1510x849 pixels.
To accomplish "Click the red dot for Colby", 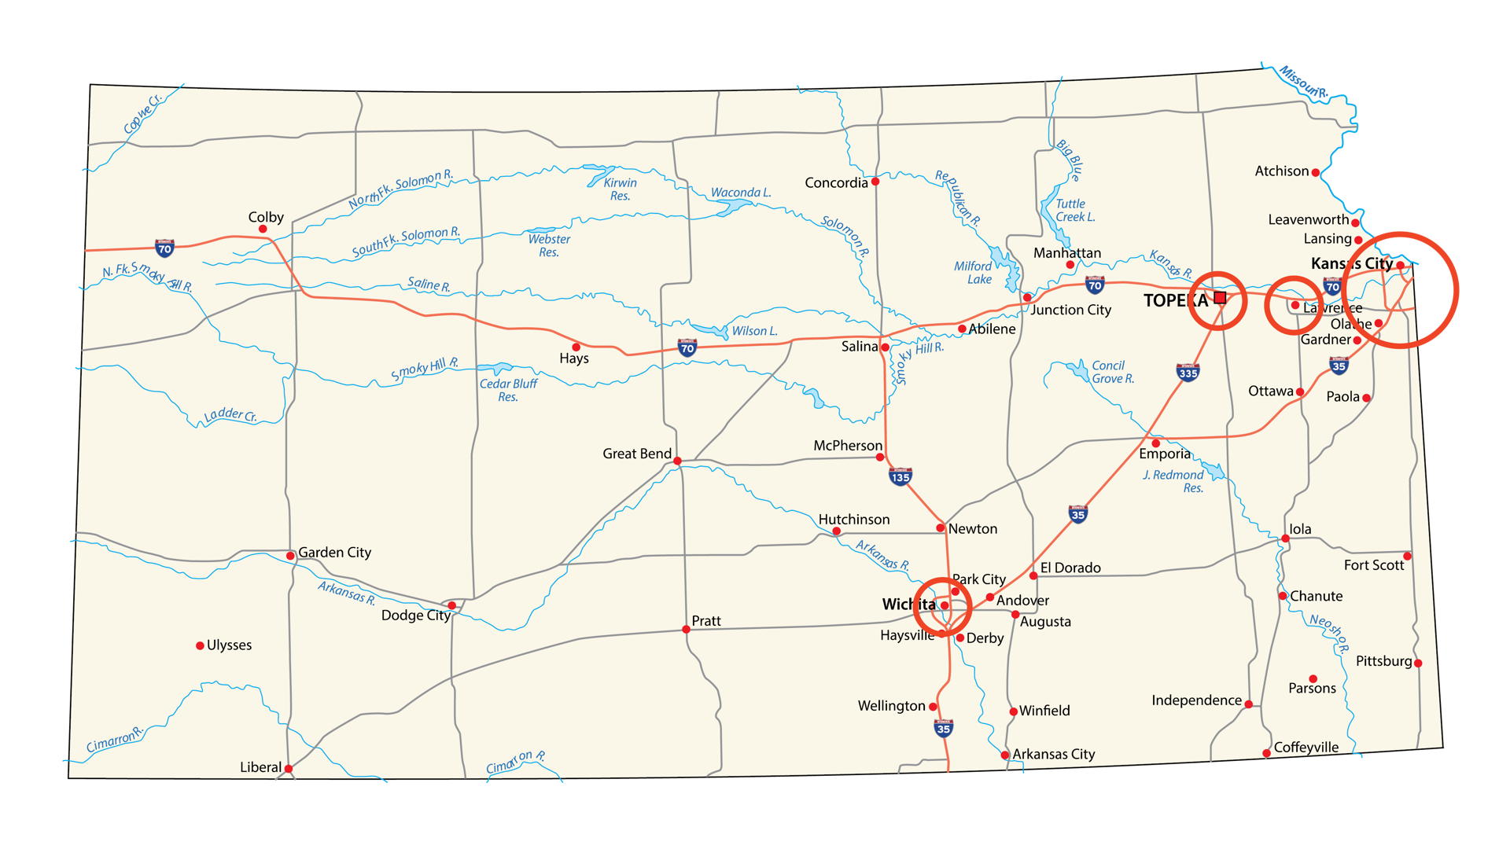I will point(263,230).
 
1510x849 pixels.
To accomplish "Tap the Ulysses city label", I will point(229,645).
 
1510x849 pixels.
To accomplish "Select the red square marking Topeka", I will point(1220,297).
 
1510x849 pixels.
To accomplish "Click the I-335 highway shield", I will point(1188,372).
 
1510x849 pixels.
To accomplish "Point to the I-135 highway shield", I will point(900,476).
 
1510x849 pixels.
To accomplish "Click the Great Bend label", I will point(636,454).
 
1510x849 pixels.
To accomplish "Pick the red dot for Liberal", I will point(289,769).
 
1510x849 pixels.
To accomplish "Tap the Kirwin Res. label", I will point(620,189).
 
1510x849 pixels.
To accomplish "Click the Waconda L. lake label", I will point(740,193).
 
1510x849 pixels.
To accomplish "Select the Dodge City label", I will point(415,616).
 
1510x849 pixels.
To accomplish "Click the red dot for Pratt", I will point(686,630).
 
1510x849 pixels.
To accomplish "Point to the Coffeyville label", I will point(1306,748).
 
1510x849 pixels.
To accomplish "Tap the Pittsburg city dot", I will point(1418,663).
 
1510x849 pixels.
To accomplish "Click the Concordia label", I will point(836,183).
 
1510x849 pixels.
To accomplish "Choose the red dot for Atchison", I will point(1315,173).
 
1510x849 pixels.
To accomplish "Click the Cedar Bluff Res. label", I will point(508,390).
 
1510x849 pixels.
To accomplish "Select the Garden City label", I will point(334,553).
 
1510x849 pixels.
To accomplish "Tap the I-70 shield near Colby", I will point(164,248).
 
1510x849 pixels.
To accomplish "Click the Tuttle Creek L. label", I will point(1074,211).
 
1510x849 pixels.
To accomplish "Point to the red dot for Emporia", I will point(1155,443).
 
